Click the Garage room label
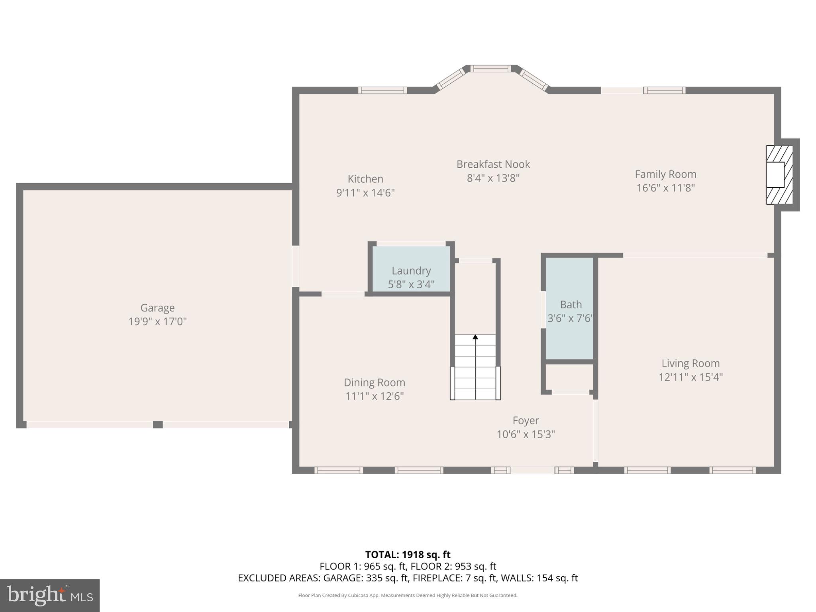157,308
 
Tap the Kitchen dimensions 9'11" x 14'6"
365,193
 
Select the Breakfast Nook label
493,164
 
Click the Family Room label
665,174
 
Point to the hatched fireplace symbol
779,175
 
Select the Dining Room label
374,382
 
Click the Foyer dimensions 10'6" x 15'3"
526,434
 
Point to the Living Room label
690,363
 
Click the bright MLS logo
50,595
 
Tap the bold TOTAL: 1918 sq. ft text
408,555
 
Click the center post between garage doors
158,425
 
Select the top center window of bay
490,69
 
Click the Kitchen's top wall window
382,90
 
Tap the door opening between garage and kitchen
295,266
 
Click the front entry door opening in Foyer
532,471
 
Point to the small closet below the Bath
569,377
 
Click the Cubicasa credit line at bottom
408,595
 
